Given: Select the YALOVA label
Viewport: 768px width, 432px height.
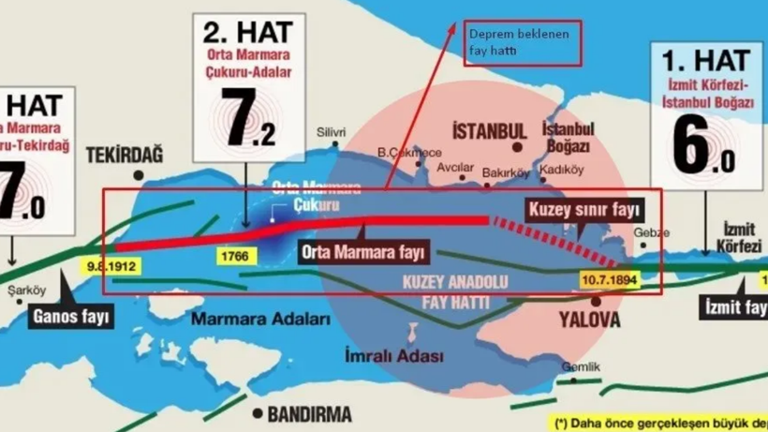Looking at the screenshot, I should pos(589,320).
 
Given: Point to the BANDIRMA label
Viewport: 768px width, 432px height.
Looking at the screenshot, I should pos(309,413).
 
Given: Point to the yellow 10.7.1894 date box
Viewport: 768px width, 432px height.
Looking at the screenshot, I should pos(610,279).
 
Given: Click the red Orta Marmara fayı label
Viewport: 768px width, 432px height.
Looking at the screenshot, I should pos(363,250).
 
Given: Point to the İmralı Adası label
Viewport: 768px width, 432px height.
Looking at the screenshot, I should pos(393,356).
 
